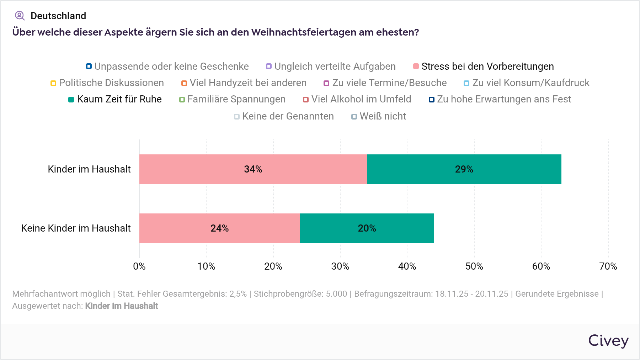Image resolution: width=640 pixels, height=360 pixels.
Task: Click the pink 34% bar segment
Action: (253, 169)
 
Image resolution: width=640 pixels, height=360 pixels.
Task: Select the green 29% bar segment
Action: (464, 169)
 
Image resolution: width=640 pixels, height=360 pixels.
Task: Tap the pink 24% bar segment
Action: (219, 228)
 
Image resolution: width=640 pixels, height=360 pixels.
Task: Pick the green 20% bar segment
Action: (367, 228)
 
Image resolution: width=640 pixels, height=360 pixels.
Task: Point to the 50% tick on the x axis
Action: (474, 266)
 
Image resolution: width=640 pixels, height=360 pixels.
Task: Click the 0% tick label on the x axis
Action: (139, 266)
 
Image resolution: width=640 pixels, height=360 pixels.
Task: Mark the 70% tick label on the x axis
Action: (608, 266)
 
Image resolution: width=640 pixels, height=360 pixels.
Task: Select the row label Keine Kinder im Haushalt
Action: (76, 228)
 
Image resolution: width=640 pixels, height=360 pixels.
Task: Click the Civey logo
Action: (608, 341)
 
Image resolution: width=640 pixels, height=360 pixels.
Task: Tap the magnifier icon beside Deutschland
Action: (20, 16)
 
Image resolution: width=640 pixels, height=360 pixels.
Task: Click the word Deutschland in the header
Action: (58, 16)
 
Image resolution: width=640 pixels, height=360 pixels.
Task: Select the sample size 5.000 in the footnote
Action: (336, 294)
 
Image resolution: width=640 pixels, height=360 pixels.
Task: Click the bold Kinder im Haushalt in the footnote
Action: (122, 306)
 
